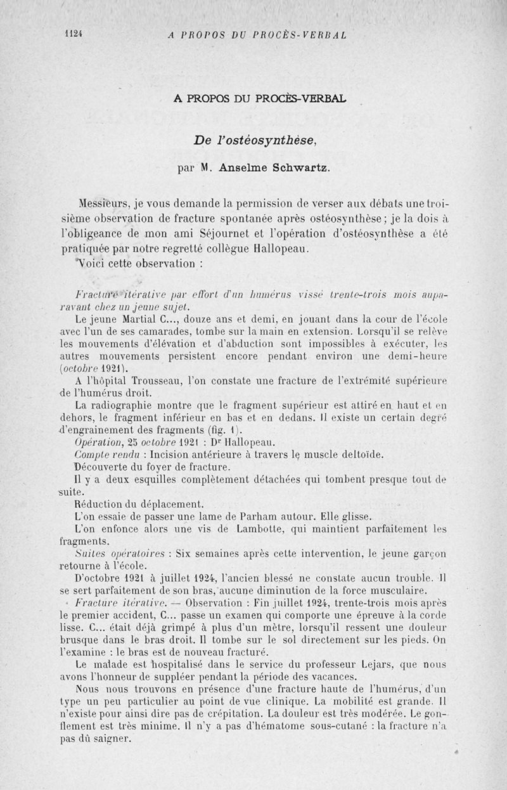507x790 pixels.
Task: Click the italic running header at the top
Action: coord(257,35)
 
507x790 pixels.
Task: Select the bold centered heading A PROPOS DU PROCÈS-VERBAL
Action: coord(260,99)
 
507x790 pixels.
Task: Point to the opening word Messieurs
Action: coord(104,205)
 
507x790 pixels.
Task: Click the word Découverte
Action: coord(101,467)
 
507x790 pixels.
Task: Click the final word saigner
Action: coord(114,739)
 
